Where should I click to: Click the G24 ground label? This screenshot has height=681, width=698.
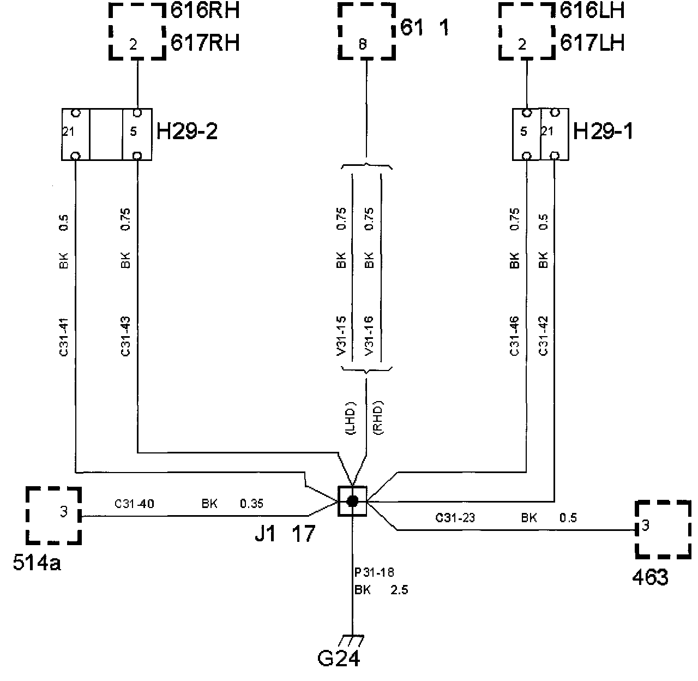338,659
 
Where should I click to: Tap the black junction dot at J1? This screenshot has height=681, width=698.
352,501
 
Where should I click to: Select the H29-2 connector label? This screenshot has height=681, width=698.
187,131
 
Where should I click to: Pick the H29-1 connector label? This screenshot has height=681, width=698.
604,131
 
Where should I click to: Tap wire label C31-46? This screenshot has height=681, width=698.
515,336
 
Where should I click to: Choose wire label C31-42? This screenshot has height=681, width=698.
543,336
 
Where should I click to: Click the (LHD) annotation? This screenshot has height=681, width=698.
350,419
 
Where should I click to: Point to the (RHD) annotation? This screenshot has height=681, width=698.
380,419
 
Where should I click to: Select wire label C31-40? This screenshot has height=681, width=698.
134,504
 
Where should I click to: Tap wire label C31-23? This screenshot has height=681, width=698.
455,518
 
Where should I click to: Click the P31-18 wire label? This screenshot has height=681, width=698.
374,572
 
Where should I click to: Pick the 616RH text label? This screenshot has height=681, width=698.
205,11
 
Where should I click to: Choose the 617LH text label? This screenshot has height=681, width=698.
592,43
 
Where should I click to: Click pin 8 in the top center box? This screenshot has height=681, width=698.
363,46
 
